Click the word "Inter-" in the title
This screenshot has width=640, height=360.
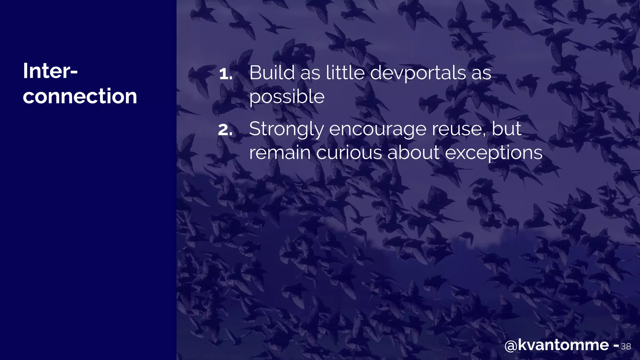(50, 71)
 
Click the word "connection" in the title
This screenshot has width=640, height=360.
(80, 96)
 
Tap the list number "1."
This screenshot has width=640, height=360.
(226, 74)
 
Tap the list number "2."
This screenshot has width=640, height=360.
(225, 130)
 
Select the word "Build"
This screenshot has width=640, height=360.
(272, 73)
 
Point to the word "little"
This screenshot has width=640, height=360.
(345, 73)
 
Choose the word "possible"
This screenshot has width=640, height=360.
(287, 97)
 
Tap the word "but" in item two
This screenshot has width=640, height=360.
(507, 128)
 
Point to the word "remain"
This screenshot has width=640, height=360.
(280, 153)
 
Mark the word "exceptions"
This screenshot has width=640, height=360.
(493, 153)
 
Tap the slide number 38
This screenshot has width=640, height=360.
(626, 346)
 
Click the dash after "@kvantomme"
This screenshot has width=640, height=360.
(616, 346)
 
